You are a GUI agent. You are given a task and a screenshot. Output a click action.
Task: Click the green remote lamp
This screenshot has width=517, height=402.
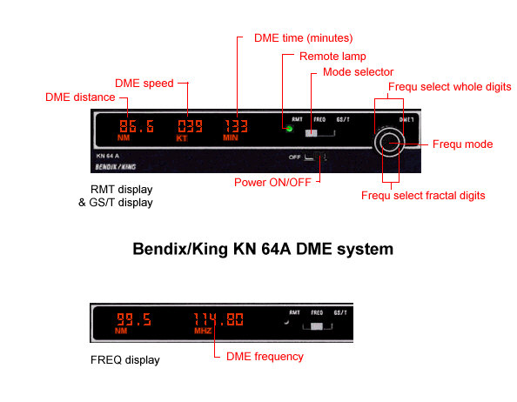click(289, 129)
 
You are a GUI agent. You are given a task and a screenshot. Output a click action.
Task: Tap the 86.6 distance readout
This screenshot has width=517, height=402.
click(137, 126)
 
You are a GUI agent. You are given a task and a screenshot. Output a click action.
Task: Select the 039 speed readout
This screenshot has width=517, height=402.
click(191, 126)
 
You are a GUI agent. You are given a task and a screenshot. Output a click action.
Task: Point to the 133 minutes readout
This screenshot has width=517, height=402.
click(236, 126)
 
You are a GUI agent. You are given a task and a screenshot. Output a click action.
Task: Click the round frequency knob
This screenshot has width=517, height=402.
click(389, 143)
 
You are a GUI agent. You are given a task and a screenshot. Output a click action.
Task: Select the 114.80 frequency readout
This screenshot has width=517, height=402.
click(218, 319)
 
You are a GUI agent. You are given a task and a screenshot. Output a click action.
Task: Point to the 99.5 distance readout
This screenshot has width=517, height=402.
click(134, 319)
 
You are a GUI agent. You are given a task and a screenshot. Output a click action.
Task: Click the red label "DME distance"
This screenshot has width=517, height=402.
click(80, 97)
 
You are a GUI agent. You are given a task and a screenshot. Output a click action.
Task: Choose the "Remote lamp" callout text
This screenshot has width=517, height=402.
click(332, 57)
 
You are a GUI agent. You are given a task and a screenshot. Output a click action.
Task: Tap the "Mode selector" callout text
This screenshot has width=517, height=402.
click(358, 72)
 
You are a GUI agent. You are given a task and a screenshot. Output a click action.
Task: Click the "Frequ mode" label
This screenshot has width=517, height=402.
click(462, 144)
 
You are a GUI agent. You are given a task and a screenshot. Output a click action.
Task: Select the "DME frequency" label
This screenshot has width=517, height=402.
click(265, 357)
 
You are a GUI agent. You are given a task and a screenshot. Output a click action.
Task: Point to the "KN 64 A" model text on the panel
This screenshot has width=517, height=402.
click(107, 156)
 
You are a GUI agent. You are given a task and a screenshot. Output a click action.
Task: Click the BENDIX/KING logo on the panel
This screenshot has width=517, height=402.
click(116, 167)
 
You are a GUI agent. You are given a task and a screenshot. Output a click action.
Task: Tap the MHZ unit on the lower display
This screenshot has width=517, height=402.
click(203, 331)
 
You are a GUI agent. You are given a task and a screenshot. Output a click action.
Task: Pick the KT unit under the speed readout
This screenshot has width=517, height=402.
click(182, 138)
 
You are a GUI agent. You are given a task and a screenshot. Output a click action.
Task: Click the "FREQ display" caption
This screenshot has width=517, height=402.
click(125, 360)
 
